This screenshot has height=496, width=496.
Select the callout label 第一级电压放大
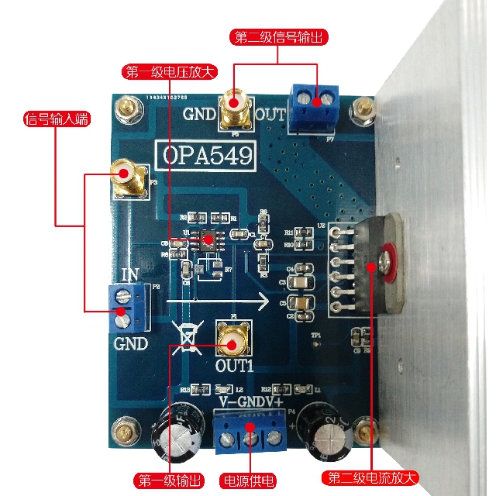(x=170, y=72)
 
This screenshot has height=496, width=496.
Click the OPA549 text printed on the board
(x=207, y=155)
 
